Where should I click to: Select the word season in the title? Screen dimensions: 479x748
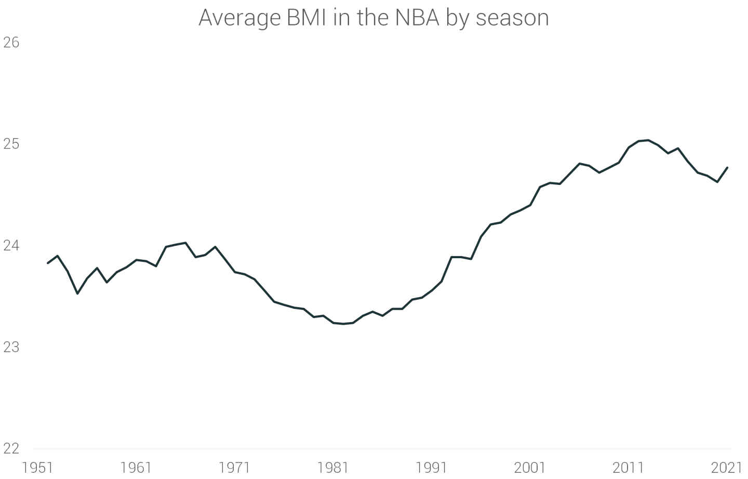click(x=512, y=19)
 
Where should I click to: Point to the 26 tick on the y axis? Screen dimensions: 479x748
click(x=11, y=43)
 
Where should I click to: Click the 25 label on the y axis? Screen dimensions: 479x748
click(x=11, y=144)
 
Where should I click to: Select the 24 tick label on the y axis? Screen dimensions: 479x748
click(x=11, y=245)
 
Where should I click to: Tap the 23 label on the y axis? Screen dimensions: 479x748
click(x=11, y=347)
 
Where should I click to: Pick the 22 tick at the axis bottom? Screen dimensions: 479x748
click(x=11, y=448)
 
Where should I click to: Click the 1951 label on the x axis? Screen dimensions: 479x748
click(x=37, y=468)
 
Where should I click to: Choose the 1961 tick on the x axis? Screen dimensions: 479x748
click(x=136, y=468)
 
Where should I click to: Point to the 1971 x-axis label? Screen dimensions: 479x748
click(x=234, y=468)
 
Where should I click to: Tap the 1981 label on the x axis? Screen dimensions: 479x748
click(x=333, y=468)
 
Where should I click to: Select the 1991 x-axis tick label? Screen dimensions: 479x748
click(x=431, y=468)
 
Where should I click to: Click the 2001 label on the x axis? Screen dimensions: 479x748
click(x=530, y=468)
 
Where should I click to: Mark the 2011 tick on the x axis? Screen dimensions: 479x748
click(x=628, y=468)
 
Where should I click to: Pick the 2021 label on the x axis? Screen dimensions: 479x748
click(x=727, y=468)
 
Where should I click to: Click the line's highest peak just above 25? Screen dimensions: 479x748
click(x=648, y=140)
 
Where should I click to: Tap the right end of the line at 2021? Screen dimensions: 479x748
click(x=727, y=168)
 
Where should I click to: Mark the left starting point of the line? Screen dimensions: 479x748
click(x=48, y=263)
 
